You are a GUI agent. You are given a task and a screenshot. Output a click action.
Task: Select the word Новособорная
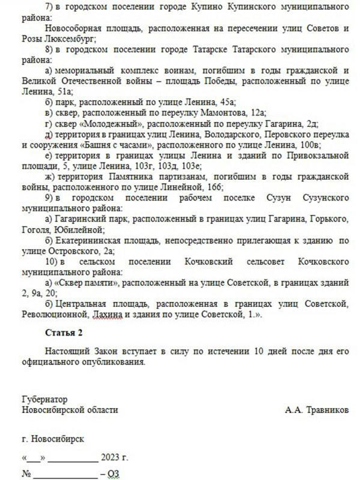click(71, 28)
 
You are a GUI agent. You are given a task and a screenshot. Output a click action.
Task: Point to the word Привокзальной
click(316, 156)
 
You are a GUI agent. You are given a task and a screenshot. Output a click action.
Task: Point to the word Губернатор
click(45, 399)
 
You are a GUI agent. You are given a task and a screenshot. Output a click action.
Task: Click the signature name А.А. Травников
click(316, 410)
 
